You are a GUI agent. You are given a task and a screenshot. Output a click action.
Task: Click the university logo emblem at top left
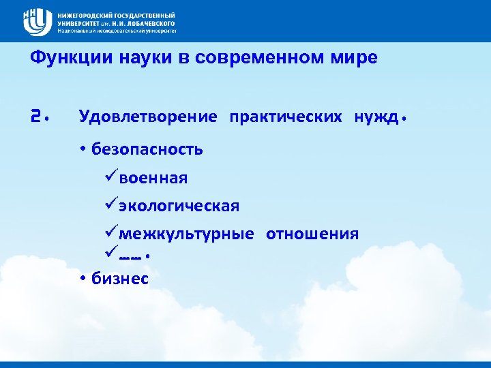point(38,22)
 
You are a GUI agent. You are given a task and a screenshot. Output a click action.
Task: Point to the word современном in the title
point(248,58)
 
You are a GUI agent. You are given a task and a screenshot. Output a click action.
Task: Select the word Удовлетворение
point(148,117)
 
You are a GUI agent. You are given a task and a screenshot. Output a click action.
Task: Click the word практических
point(286,117)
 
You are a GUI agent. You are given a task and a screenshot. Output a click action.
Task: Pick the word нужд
point(376,117)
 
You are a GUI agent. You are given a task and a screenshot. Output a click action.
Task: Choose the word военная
point(153,178)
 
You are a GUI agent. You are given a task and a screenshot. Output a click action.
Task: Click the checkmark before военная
point(111,178)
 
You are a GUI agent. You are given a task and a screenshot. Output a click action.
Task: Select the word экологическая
point(179,206)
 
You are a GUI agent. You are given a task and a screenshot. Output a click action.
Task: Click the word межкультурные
point(187,234)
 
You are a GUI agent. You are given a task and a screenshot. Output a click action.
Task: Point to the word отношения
point(312,234)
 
